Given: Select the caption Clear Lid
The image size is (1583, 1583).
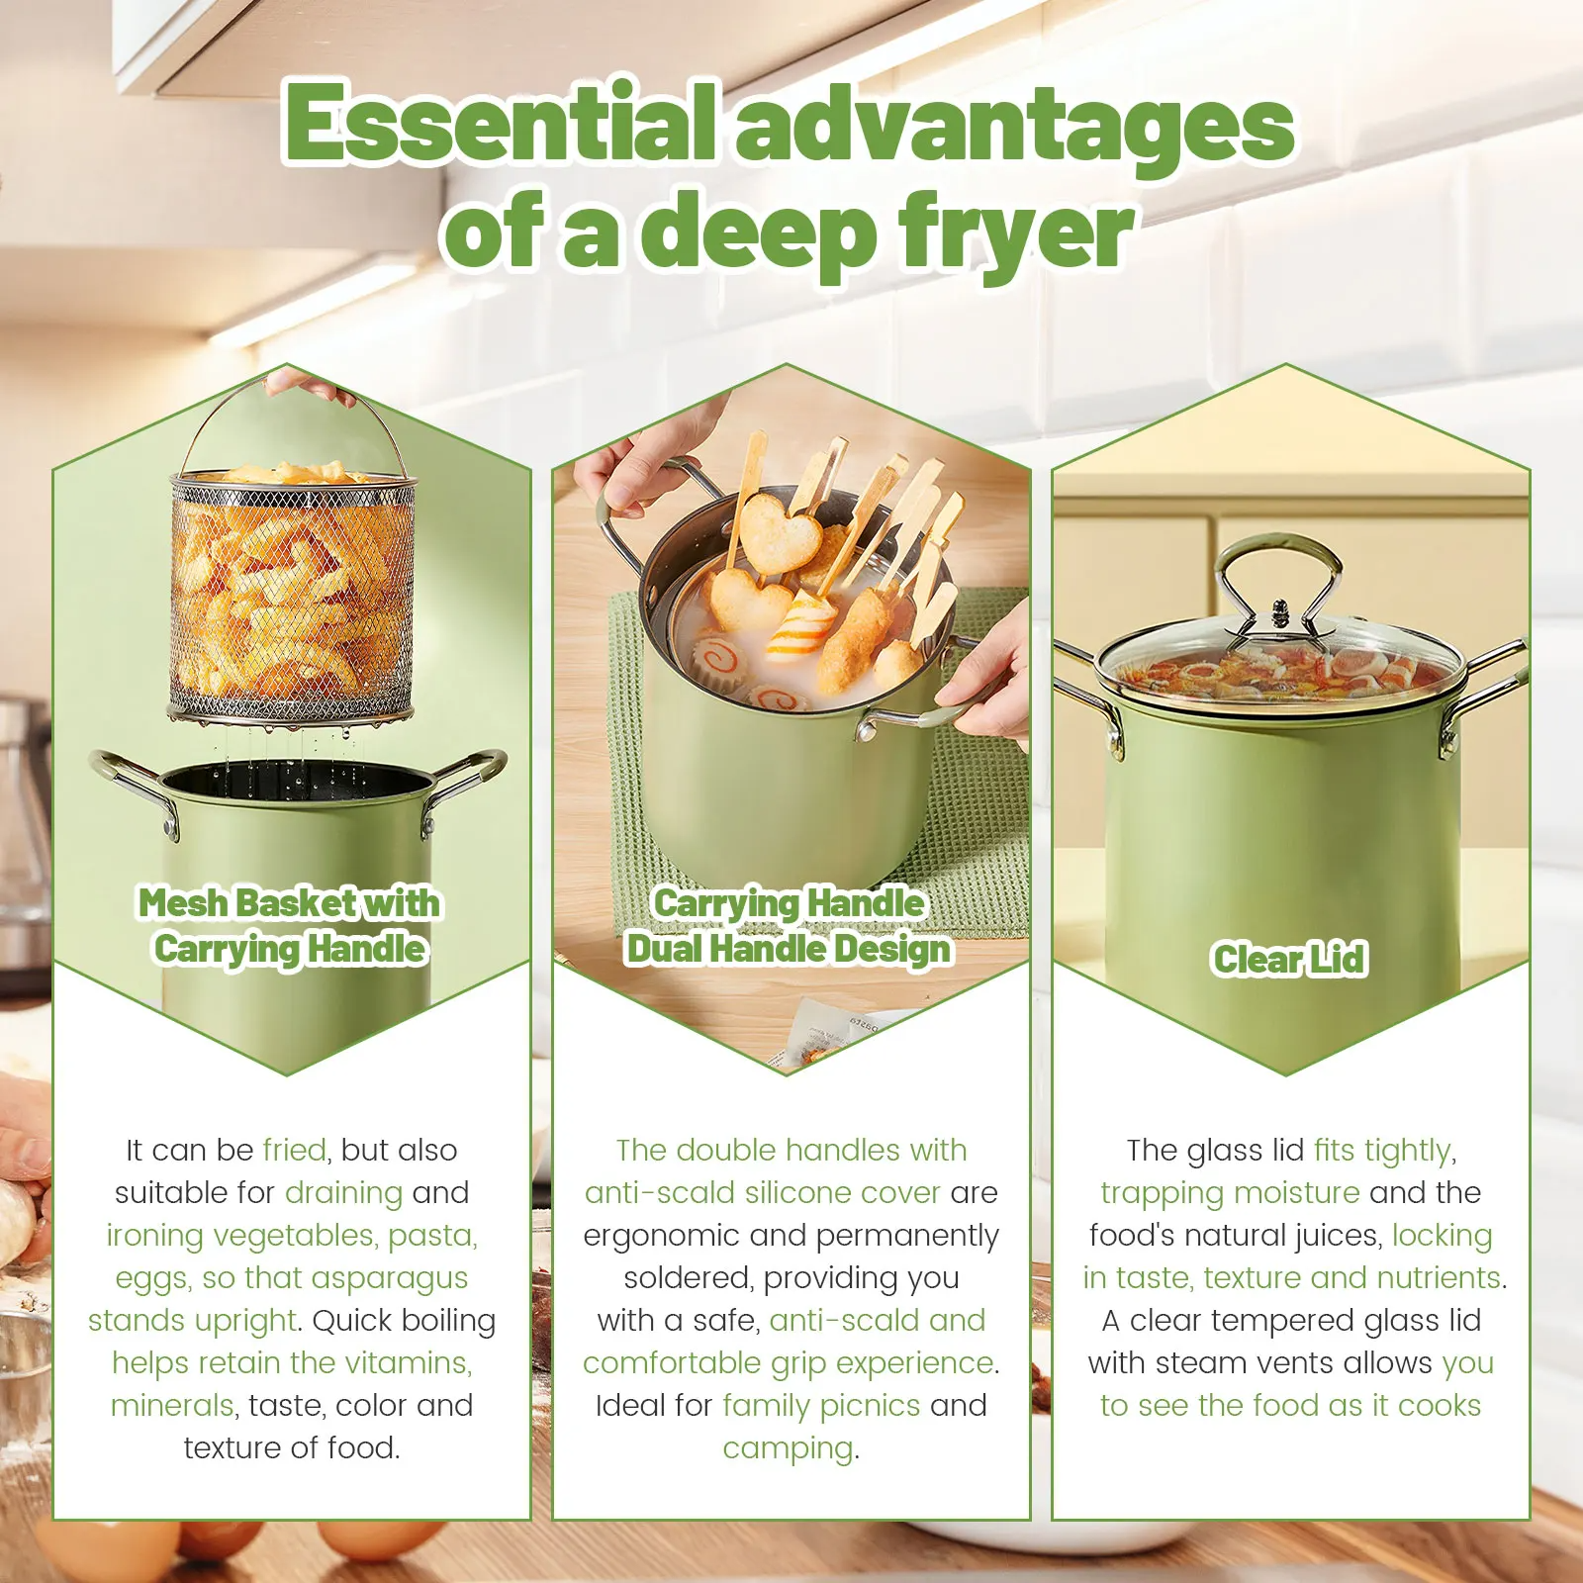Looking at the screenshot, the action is click(x=1290, y=959).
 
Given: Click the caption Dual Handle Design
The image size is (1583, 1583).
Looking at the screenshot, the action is click(x=789, y=948).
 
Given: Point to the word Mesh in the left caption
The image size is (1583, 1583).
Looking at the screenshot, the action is click(x=181, y=902).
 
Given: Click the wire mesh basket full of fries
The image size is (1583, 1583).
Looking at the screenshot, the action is click(x=293, y=594).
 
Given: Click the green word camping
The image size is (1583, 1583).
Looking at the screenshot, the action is click(x=788, y=1448).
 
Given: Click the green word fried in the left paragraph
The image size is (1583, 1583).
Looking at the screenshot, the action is click(x=294, y=1150).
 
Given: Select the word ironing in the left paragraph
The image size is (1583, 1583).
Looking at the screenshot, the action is click(x=155, y=1236).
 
